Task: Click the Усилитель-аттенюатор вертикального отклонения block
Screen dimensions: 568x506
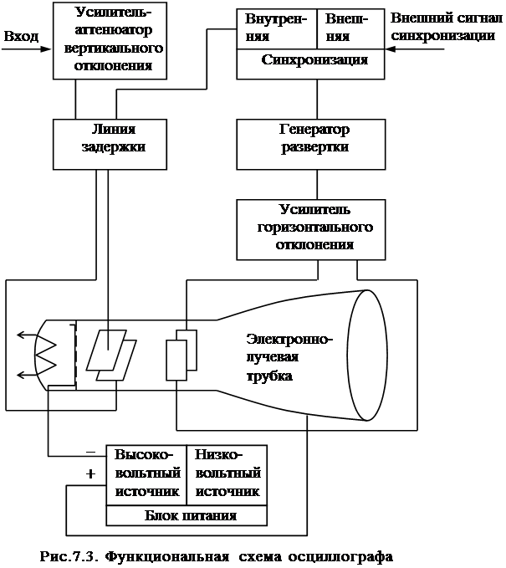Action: point(106,40)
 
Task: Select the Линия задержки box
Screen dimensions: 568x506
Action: point(106,139)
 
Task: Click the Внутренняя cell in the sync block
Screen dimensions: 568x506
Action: point(276,27)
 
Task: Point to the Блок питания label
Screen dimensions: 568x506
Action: point(191,515)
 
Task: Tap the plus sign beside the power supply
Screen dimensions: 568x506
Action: point(91,474)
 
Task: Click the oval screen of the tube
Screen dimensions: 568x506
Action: point(363,355)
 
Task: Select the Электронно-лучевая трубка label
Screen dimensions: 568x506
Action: point(289,358)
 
